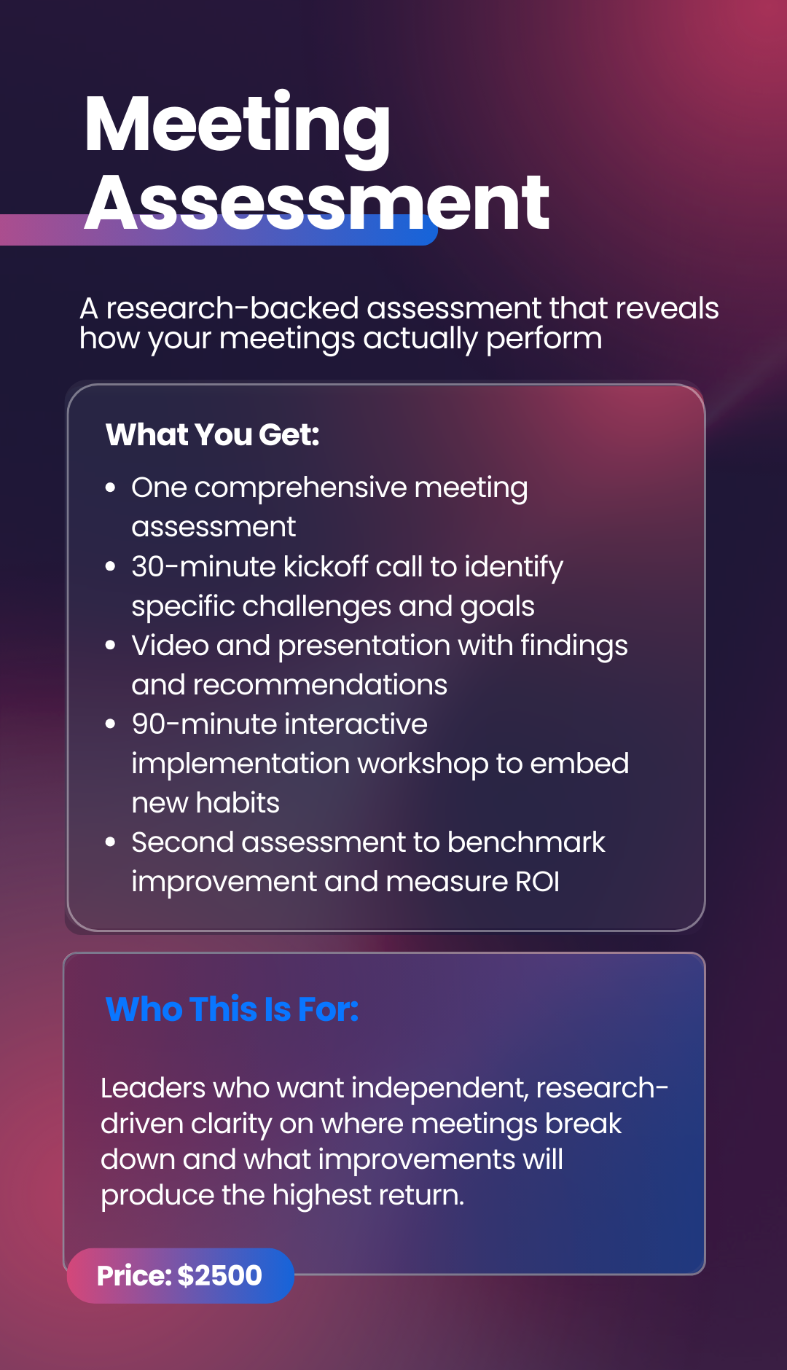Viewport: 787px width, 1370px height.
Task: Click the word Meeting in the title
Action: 238,125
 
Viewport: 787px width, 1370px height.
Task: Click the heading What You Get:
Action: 213,435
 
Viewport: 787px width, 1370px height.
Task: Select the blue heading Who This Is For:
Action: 232,1009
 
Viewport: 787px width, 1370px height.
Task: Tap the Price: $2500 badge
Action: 180,1275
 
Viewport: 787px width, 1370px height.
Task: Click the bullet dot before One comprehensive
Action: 111,488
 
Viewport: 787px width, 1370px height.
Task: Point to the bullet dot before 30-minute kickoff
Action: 111,566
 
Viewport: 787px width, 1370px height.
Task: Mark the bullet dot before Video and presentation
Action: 111,645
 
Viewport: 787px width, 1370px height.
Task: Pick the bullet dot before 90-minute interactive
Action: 111,724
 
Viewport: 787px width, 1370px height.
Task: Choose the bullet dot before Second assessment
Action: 111,842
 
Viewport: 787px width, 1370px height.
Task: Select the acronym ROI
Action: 538,882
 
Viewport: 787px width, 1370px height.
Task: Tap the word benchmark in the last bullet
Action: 526,842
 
